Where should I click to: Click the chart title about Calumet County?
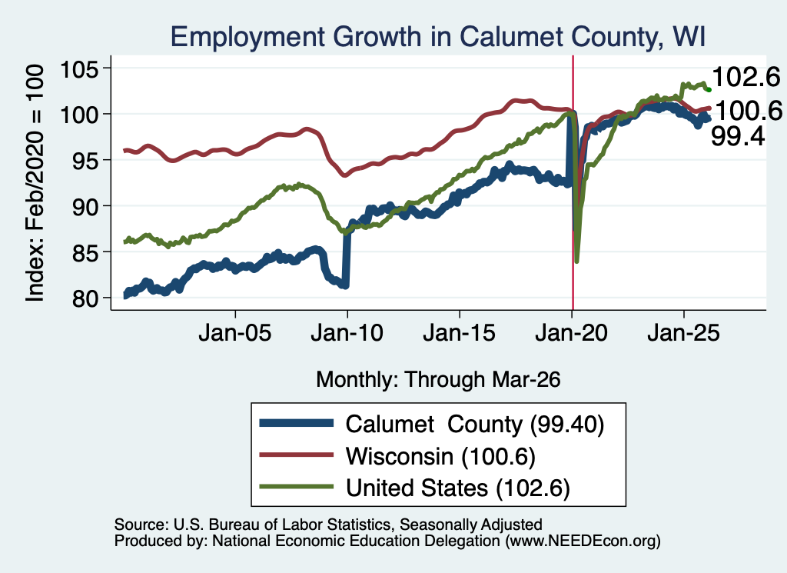[x=438, y=37]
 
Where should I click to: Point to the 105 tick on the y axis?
[x=79, y=68]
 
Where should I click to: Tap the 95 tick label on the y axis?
[x=85, y=160]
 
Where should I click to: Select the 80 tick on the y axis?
[x=85, y=298]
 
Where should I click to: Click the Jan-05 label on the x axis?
[x=235, y=333]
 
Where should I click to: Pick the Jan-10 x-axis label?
[x=347, y=333]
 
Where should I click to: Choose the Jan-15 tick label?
[x=460, y=333]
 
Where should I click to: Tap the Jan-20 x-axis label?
[x=572, y=333]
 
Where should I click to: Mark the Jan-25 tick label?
[x=683, y=333]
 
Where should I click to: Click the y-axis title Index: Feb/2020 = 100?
[x=35, y=183]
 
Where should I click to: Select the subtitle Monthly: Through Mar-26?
[x=438, y=380]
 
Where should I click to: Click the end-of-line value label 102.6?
[x=745, y=78]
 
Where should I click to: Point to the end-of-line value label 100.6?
[x=749, y=111]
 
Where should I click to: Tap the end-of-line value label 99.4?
[x=738, y=136]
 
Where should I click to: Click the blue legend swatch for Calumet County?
[x=296, y=423]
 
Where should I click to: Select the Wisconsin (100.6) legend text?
[x=440, y=456]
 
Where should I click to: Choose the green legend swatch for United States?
[x=296, y=487]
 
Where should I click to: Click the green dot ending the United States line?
[x=709, y=89]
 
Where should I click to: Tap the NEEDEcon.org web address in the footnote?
[x=583, y=541]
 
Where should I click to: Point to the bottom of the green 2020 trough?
[x=577, y=262]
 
